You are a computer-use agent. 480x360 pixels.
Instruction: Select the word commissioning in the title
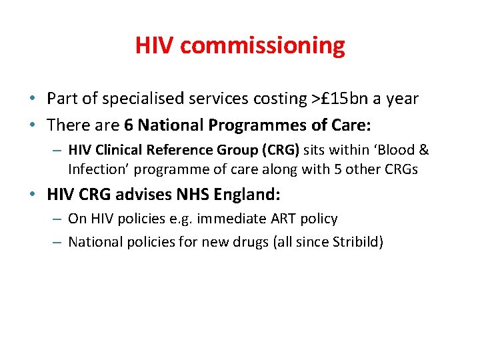pos(263,46)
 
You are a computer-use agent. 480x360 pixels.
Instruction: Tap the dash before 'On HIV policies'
pos(57,219)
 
